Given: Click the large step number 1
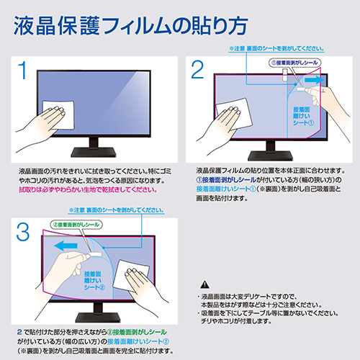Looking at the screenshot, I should (24, 71).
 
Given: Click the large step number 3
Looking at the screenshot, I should (24, 232).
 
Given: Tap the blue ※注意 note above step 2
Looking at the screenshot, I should (274, 48).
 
